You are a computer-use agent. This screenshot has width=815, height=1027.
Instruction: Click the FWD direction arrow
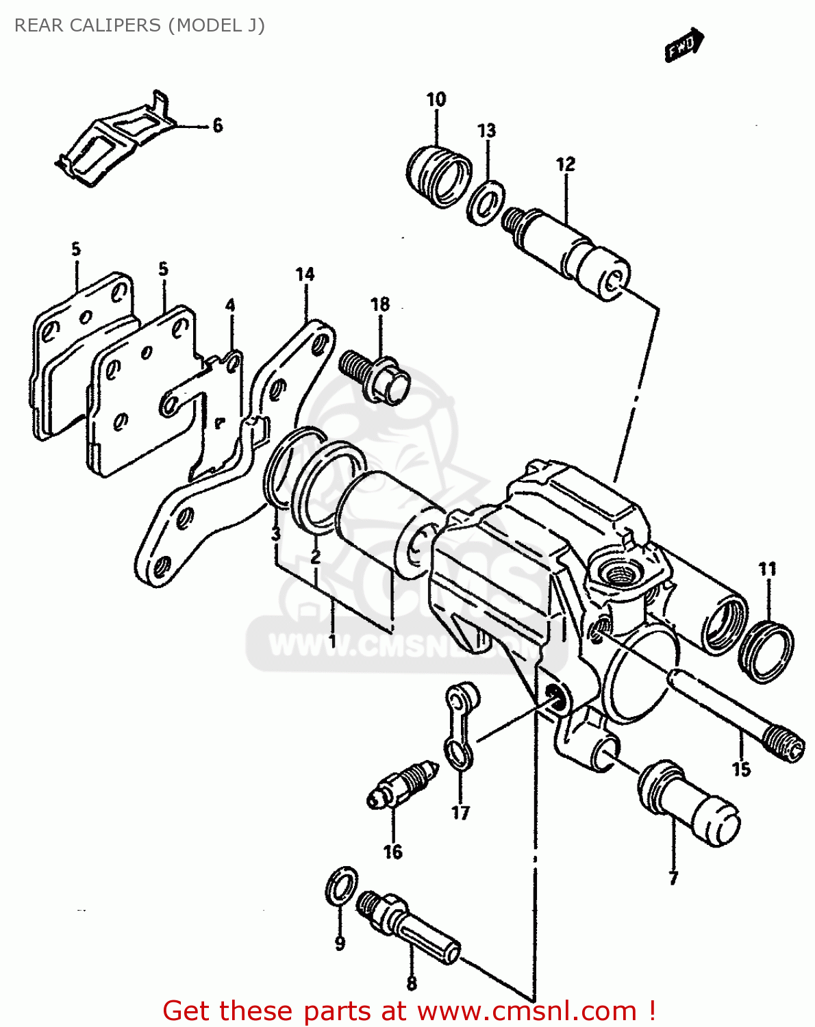[684, 45]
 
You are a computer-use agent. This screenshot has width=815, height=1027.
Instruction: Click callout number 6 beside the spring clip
[217, 125]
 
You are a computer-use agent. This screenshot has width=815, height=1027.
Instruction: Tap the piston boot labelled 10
[439, 176]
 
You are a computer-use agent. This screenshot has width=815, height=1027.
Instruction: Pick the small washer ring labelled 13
[486, 203]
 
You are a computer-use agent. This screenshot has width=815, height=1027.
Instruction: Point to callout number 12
[566, 164]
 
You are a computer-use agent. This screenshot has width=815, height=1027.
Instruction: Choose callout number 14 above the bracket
[305, 275]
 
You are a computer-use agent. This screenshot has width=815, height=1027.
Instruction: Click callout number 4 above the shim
[230, 305]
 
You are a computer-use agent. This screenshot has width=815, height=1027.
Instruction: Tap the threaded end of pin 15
[783, 744]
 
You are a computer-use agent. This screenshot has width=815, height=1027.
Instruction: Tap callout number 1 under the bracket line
[331, 642]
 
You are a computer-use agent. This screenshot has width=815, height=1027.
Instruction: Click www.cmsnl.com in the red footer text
[527, 1011]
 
